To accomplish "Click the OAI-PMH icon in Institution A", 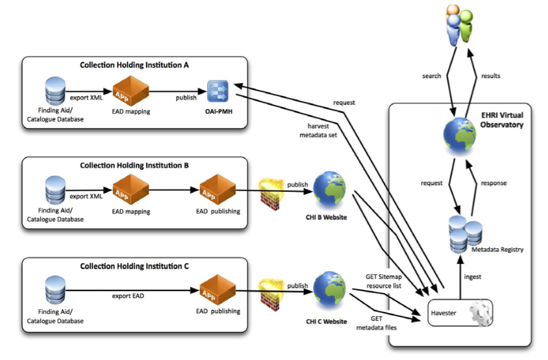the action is (x=218, y=92).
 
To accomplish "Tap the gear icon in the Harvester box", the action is (x=480, y=313).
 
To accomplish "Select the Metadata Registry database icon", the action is (x=465, y=235).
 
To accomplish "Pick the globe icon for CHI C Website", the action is (x=329, y=290).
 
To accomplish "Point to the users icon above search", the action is (x=459, y=25).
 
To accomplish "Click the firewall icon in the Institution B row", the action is (x=271, y=194).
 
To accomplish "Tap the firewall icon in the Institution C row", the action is (x=271, y=294).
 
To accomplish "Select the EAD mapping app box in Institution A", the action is (x=131, y=91).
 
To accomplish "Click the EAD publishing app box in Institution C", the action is (x=218, y=290).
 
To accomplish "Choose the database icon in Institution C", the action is (x=55, y=290).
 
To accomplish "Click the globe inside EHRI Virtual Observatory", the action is (x=459, y=135).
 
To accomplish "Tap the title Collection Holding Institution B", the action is (x=134, y=166).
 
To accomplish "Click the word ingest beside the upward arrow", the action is (x=473, y=277).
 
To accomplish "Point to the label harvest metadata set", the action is (x=318, y=131).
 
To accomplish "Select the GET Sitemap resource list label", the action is (x=384, y=281).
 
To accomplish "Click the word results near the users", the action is (x=490, y=76).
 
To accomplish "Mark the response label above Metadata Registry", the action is (x=493, y=183).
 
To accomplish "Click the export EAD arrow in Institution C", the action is (x=132, y=290).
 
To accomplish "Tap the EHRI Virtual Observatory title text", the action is (x=502, y=120).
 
